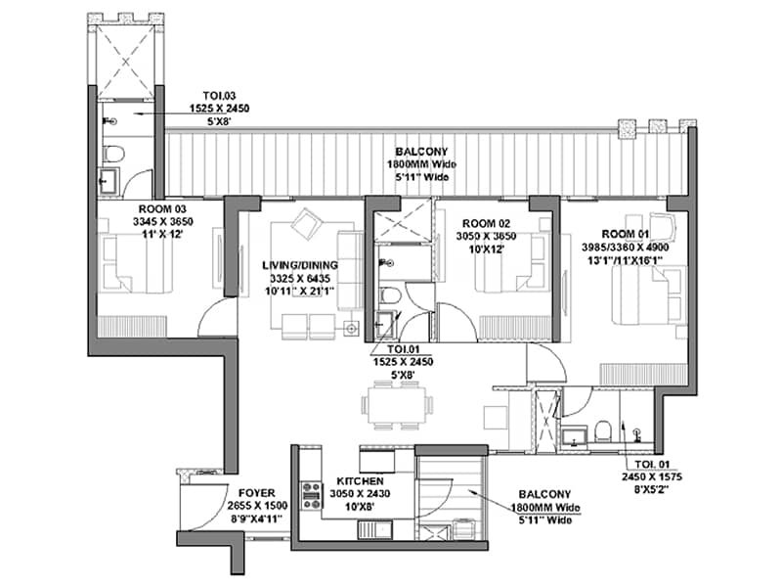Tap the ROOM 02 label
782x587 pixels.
click(486, 223)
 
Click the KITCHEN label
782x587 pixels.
click(359, 483)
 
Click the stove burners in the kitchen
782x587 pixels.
click(312, 493)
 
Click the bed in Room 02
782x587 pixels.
click(509, 265)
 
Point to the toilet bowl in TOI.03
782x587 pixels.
click(113, 154)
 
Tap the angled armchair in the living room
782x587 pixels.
click(307, 225)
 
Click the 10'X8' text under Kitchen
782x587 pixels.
click(359, 507)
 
